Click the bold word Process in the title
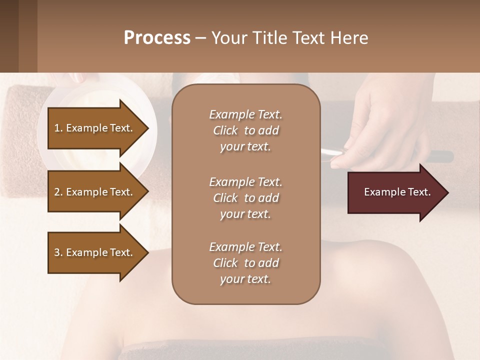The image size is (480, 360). point(157,38)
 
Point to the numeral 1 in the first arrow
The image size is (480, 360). point(56,128)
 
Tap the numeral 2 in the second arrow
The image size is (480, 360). point(56,192)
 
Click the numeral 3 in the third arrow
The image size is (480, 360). point(56,252)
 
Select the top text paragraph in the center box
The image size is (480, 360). point(245,130)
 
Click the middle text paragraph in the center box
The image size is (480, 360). point(245,198)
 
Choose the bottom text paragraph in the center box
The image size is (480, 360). point(245,263)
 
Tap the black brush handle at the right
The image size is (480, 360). point(440,156)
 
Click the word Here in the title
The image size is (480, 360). point(350,38)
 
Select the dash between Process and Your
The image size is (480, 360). point(200,38)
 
